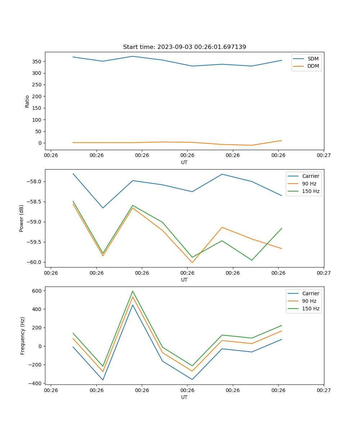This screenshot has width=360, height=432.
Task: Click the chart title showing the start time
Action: tap(184, 47)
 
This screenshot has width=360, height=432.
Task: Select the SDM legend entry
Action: tap(313, 59)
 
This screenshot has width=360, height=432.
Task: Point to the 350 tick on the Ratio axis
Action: tap(38, 62)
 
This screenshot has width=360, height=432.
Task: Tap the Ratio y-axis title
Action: tap(27, 101)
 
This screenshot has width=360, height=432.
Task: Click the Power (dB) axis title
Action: tap(22, 218)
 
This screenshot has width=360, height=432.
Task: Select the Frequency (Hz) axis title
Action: tap(22, 336)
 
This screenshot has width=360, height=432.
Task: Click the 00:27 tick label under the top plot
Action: tap(324, 156)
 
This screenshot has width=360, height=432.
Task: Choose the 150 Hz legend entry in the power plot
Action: tap(311, 192)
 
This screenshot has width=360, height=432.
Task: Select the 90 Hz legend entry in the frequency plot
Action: tap(309, 301)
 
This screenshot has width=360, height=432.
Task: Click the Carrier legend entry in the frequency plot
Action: tap(311, 293)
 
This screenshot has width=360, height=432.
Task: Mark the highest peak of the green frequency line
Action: tap(132, 291)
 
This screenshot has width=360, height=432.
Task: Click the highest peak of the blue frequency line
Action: tap(132, 305)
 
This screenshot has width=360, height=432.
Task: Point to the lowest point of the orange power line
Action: tap(192, 262)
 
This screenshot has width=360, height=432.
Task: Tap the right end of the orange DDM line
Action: tap(282, 140)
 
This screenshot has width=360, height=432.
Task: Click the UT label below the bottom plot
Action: tap(184, 397)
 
